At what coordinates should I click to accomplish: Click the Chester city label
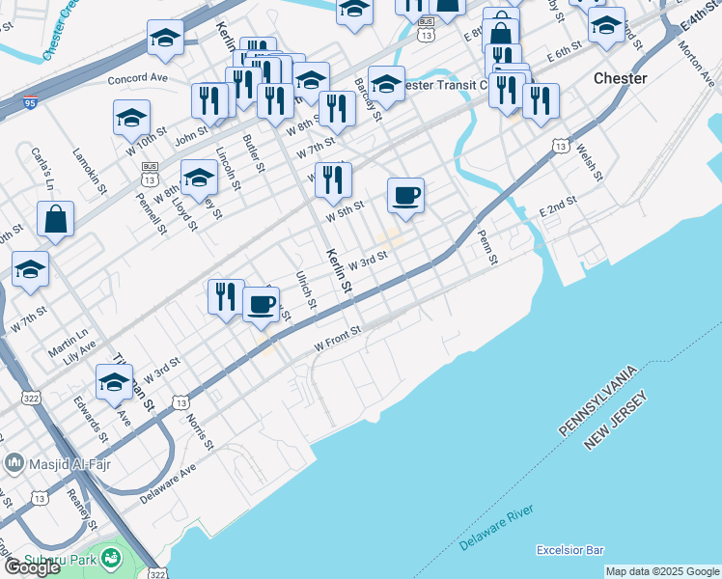coord(620,78)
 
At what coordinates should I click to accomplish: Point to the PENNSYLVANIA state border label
coord(598,400)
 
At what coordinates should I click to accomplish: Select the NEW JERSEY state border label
coord(620,421)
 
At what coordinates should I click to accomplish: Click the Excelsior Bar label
coord(569,550)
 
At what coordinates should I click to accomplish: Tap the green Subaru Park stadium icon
coord(112,557)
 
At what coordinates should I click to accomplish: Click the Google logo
coord(32,567)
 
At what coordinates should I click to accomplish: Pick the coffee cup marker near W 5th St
coord(406,196)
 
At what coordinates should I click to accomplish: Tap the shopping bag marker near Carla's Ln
coord(56,219)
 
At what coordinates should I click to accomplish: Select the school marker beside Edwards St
coord(114,383)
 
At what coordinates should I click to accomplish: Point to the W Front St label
coord(337,338)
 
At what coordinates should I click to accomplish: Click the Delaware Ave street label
coord(167,482)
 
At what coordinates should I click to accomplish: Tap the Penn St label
coord(487,247)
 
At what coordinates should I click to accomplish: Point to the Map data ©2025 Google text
coord(662,571)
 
